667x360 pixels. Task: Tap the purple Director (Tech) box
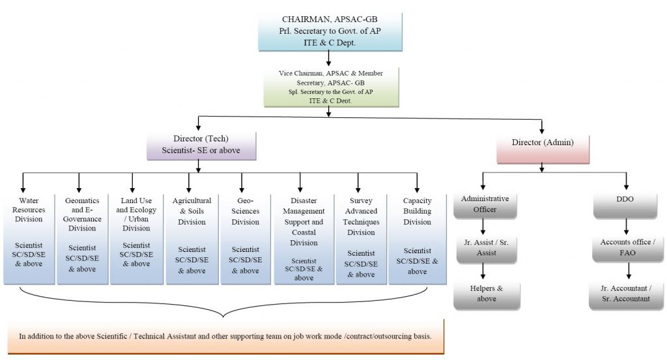pos(201,145)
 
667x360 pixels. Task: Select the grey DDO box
pos(627,204)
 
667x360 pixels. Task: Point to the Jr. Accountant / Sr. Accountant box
pos(627,294)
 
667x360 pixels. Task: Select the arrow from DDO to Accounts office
pos(627,227)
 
